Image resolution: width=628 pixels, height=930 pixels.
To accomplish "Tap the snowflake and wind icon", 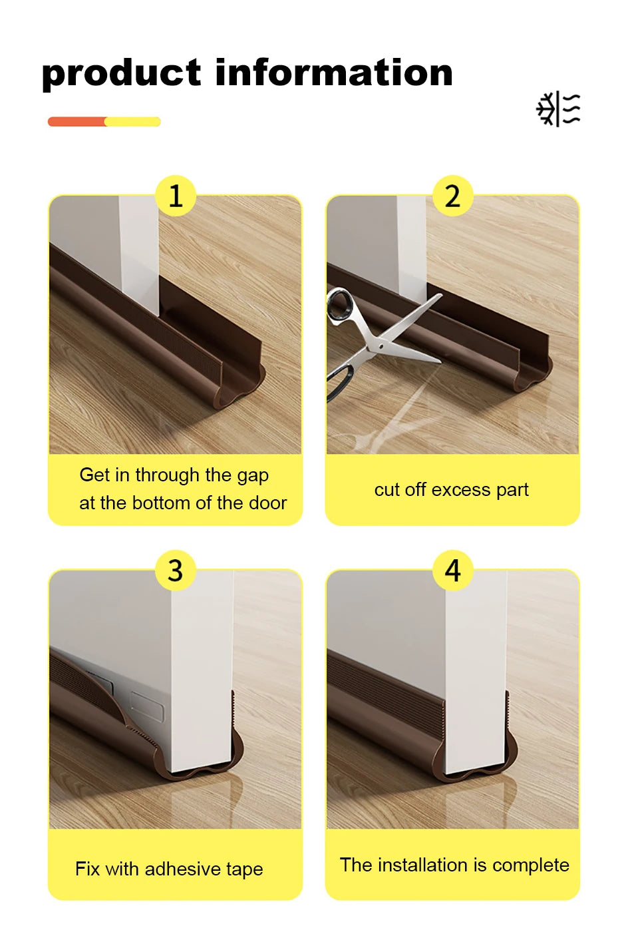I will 558,109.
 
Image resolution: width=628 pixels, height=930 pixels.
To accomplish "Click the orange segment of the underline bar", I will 77,122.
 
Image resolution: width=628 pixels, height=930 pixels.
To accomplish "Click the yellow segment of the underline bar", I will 133,122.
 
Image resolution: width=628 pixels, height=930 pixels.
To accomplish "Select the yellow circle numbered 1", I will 176,196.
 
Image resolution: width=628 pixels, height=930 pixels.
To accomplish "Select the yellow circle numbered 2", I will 452,196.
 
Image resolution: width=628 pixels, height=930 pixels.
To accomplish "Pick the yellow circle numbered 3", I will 176,571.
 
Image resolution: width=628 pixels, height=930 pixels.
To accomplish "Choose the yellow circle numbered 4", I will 452,571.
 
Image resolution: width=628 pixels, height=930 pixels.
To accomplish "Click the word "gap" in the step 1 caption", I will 253,476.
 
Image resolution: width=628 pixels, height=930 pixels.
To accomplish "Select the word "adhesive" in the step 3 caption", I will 183,869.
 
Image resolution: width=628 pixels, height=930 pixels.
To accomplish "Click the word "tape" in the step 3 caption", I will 244,869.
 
